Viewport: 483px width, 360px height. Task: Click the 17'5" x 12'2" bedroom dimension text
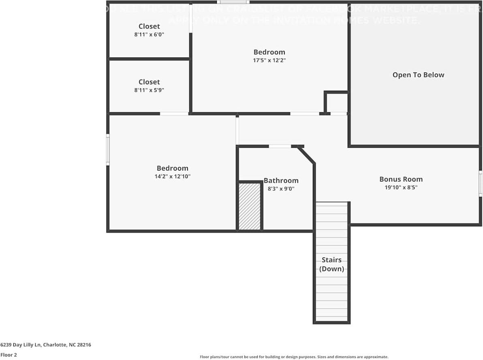(x=269, y=60)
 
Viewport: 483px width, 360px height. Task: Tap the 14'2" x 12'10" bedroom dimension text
(x=172, y=177)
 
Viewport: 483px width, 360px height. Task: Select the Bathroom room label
(x=281, y=181)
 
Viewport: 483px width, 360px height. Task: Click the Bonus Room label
(x=401, y=179)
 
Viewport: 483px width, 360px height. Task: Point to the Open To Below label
(x=418, y=75)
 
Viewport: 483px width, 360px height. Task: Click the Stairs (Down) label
(x=331, y=264)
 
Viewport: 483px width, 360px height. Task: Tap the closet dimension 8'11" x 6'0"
(x=149, y=35)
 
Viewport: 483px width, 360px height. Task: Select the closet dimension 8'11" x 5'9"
(x=149, y=90)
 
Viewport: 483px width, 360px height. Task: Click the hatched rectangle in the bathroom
(x=249, y=207)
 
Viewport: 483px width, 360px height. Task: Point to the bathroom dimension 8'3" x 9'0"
(x=281, y=189)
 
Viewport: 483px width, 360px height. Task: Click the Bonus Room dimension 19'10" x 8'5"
(x=401, y=187)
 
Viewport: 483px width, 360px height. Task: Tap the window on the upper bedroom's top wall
(x=233, y=2)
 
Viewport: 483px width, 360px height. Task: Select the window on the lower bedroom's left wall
(x=108, y=150)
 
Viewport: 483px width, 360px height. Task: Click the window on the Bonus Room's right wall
(x=480, y=183)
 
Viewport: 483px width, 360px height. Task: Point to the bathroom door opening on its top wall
(x=280, y=146)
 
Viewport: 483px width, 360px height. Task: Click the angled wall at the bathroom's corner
(x=306, y=156)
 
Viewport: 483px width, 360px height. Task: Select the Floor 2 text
(x=9, y=355)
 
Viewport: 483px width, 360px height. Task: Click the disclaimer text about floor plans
(x=294, y=357)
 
